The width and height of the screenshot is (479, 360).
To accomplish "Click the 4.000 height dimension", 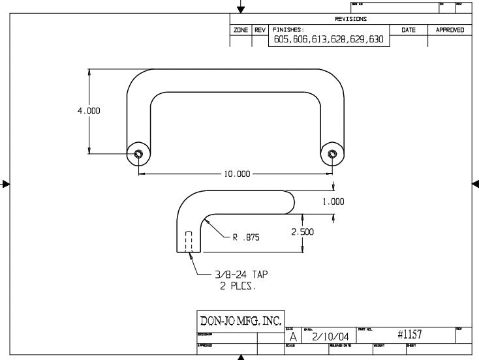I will (x=89, y=111).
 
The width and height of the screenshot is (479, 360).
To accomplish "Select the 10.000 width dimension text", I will (x=237, y=175).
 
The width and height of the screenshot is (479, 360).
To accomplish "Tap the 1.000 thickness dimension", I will (x=333, y=202).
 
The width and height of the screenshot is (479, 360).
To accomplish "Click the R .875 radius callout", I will (x=246, y=238).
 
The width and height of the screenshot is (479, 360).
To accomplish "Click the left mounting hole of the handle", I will (x=138, y=155).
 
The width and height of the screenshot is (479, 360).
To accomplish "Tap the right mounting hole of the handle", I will (x=332, y=155).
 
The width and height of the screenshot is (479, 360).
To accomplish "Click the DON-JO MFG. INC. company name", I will (x=239, y=320).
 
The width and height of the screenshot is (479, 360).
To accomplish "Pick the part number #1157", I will (x=410, y=335).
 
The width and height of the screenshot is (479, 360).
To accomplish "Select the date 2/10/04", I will (x=332, y=336).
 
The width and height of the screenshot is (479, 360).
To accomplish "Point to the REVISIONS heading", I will (x=350, y=19).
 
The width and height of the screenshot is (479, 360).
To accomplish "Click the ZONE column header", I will (x=240, y=30).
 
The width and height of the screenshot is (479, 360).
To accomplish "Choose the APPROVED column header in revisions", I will (x=450, y=30).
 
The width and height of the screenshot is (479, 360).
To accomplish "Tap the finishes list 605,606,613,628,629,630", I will (x=328, y=40).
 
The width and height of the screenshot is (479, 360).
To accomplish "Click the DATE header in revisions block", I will (x=408, y=30).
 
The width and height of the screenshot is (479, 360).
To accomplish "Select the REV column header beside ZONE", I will (x=260, y=30).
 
